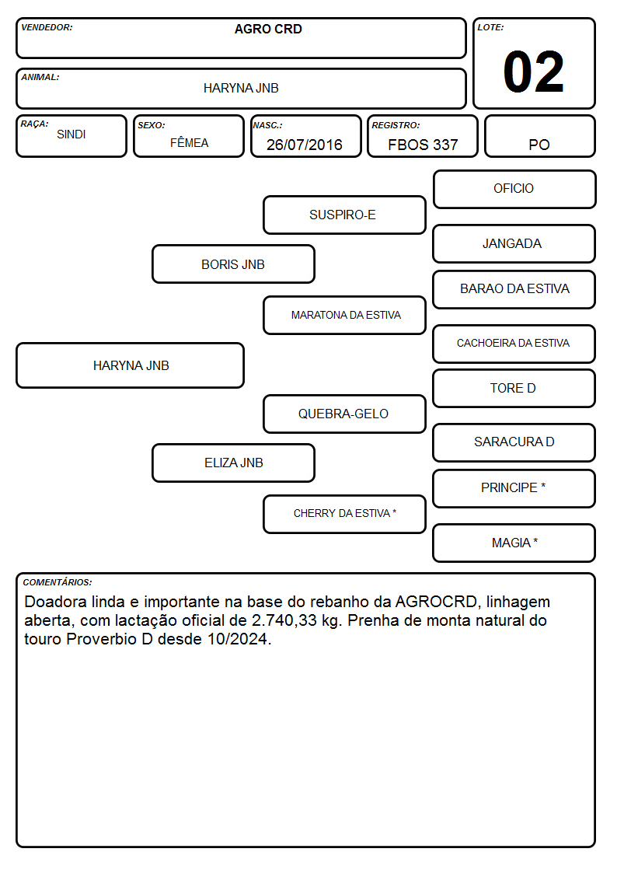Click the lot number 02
tap(533, 72)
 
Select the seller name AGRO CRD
tap(268, 29)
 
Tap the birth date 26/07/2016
tap(305, 145)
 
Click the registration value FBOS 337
tap(423, 145)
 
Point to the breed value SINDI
tap(71, 134)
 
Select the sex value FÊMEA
tap(189, 142)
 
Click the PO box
tap(539, 136)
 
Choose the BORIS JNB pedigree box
tap(233, 264)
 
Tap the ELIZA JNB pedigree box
tap(233, 463)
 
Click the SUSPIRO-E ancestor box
tap(344, 215)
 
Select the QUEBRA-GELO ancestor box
tap(344, 414)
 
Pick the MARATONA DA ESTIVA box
tap(344, 315)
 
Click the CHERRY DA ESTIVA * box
tap(344, 514)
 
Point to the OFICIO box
tap(514, 190)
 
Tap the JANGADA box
tap(514, 243)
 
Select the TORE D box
tap(514, 388)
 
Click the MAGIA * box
tap(514, 543)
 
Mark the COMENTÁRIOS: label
tap(58, 582)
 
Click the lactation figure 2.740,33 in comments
tap(283, 620)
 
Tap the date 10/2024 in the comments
tap(238, 638)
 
